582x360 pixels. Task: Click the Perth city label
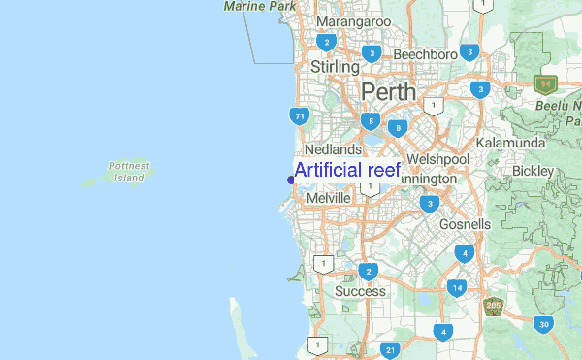388,92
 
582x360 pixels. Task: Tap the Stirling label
335,67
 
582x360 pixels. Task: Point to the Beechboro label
425,54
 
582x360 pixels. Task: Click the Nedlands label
333,150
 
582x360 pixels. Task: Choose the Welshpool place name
438,158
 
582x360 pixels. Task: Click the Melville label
328,198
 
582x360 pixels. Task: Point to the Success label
360,291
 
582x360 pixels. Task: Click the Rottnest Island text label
129,172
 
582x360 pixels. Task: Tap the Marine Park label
259,6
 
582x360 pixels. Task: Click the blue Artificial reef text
347,171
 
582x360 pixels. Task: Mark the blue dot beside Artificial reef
290,179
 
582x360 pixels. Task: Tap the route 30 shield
544,324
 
